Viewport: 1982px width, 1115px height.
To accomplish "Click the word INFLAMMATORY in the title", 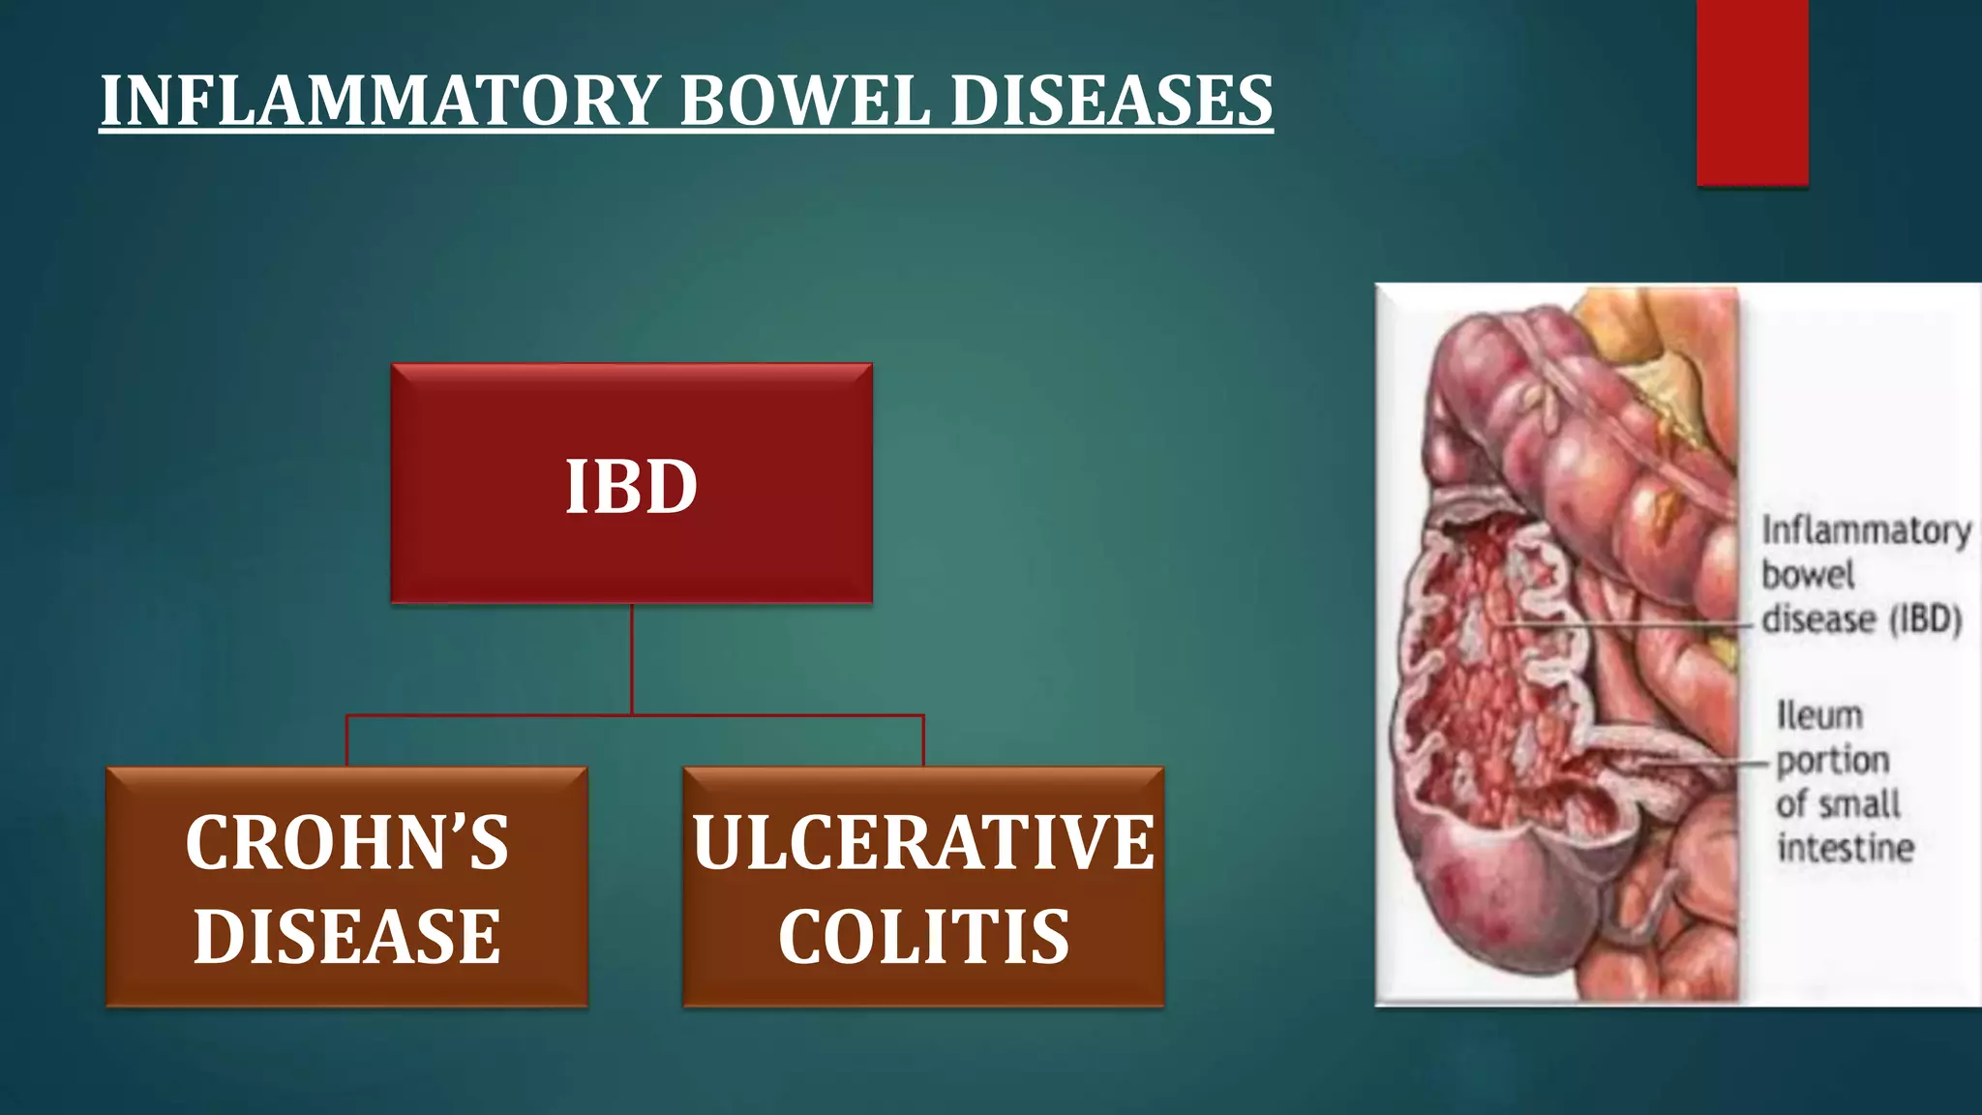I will pyautogui.click(x=380, y=101).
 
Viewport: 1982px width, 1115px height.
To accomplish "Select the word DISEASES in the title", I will pyautogui.click(x=1112, y=101).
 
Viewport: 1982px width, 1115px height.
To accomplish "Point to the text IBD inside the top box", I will pyautogui.click(x=631, y=486).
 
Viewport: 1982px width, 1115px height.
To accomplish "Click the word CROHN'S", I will pyautogui.click(x=346, y=842).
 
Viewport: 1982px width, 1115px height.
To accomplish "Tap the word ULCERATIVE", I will pyautogui.click(x=923, y=842).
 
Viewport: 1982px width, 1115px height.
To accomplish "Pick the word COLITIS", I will pyautogui.click(x=923, y=936).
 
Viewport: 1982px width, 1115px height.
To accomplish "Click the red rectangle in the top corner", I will pyautogui.click(x=1752, y=92).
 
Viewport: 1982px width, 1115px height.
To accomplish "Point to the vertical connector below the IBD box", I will pyautogui.click(x=632, y=658).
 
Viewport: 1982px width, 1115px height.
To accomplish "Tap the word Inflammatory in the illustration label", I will pyautogui.click(x=1865, y=531).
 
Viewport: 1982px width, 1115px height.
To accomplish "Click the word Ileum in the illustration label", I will pyautogui.click(x=1819, y=716).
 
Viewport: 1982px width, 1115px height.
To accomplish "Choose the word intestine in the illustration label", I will pyautogui.click(x=1846, y=848).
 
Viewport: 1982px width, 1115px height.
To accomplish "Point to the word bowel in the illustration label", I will pyautogui.click(x=1807, y=575).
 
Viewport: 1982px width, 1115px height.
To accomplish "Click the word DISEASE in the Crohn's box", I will pyautogui.click(x=346, y=936).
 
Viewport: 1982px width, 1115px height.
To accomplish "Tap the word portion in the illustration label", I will pyautogui.click(x=1832, y=761).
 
